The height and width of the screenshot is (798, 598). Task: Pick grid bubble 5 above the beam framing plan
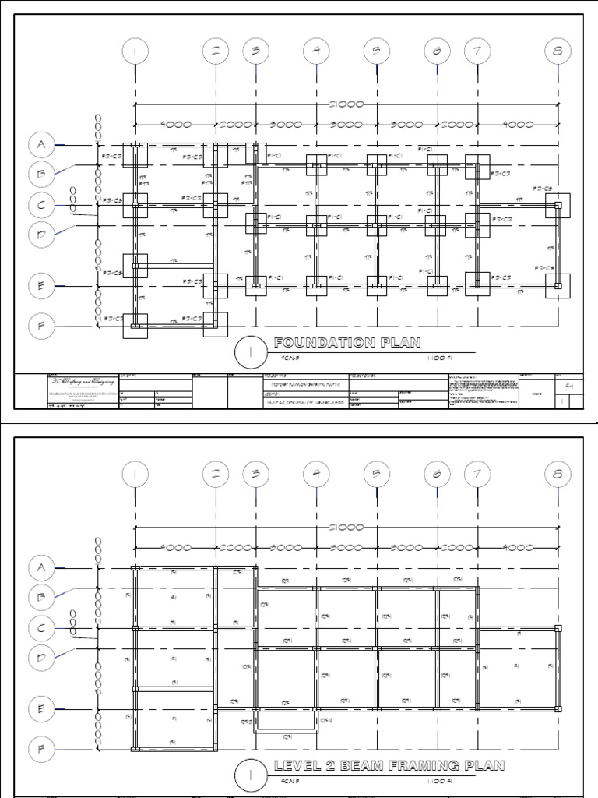point(376,473)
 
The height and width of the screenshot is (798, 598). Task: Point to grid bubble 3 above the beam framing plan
point(255,473)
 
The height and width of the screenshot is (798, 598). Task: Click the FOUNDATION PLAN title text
point(346,343)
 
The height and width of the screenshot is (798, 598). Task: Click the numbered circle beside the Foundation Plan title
point(251,352)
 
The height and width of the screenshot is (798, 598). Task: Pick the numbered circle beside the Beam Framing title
point(251,775)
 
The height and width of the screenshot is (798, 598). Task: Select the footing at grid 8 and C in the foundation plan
point(558,206)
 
